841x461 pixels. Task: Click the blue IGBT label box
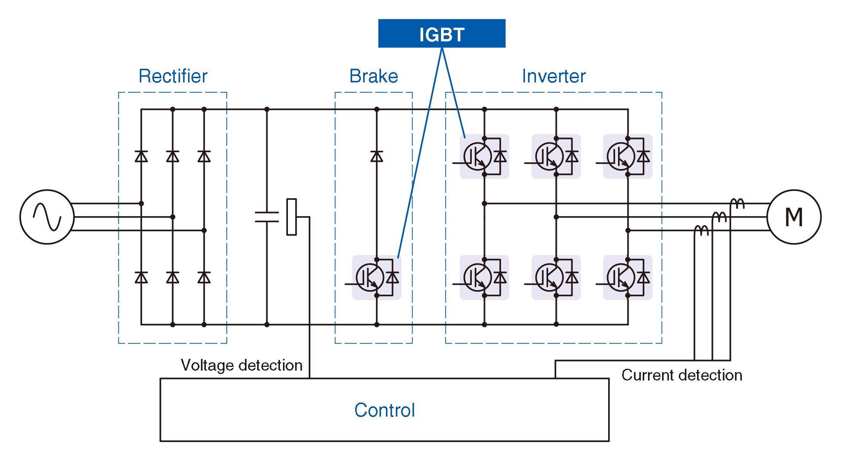point(441,33)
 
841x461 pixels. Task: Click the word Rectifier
point(173,76)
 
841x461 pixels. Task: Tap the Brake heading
point(373,76)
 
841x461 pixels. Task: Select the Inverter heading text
point(553,76)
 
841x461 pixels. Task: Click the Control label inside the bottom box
point(384,410)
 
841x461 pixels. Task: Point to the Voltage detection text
point(242,365)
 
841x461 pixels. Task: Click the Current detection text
point(681,375)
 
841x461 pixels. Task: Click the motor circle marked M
point(794,217)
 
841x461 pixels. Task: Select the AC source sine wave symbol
point(47,217)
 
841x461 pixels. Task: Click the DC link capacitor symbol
point(267,217)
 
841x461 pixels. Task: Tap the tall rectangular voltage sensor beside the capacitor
point(291,217)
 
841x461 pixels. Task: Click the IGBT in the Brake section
point(376,278)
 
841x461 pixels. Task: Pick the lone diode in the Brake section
point(377,156)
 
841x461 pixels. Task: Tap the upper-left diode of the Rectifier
point(141,156)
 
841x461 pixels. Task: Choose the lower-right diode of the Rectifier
point(204,278)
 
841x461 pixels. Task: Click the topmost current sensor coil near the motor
point(737,204)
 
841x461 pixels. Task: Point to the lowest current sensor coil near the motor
point(701,230)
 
